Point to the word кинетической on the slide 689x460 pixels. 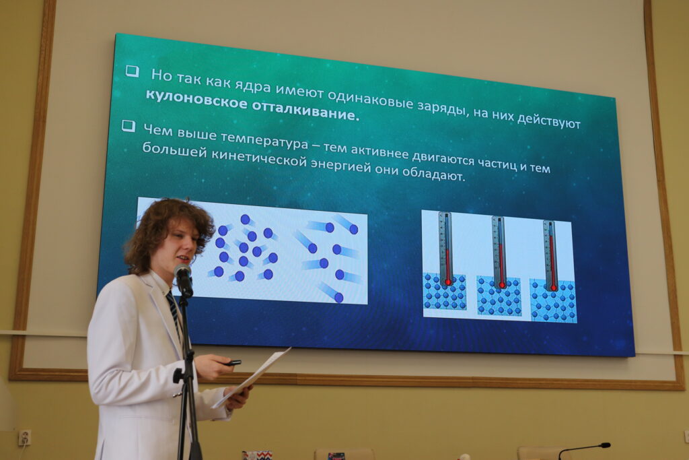point(259,158)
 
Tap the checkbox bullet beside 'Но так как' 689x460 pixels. point(133,71)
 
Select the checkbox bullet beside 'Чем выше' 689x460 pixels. point(129,126)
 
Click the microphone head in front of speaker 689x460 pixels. point(183,279)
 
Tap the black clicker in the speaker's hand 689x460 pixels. point(231,363)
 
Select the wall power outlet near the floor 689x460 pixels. point(25,438)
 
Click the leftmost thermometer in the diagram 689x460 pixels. point(446,249)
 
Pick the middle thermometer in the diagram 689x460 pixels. point(499,253)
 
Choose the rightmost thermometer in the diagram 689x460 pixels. point(551,255)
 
